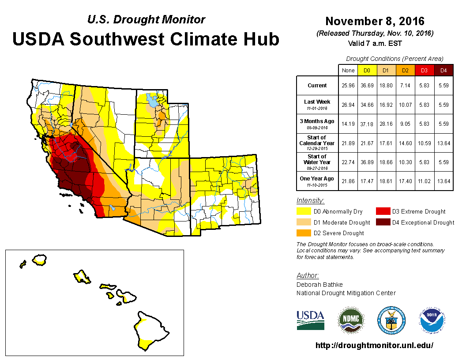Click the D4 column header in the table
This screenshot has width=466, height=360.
point(443,70)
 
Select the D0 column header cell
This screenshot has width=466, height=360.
point(367,70)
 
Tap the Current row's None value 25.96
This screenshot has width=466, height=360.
point(348,86)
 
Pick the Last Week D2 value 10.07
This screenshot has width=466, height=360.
point(405,105)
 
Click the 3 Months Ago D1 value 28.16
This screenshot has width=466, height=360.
point(386,124)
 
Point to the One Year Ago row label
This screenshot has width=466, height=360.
point(317,180)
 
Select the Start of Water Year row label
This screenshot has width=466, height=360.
point(317,162)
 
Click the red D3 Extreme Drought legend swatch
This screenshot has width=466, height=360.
point(382,211)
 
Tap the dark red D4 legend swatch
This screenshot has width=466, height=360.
point(382,222)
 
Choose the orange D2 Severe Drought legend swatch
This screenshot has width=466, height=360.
point(304,233)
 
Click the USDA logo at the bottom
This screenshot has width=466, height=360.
point(310,320)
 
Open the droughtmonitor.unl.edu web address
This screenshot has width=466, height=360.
point(374,345)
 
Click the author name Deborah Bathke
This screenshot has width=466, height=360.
point(319,285)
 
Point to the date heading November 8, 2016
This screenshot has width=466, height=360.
point(375,21)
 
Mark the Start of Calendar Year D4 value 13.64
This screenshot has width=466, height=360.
point(443,143)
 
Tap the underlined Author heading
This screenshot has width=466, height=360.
point(308,276)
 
